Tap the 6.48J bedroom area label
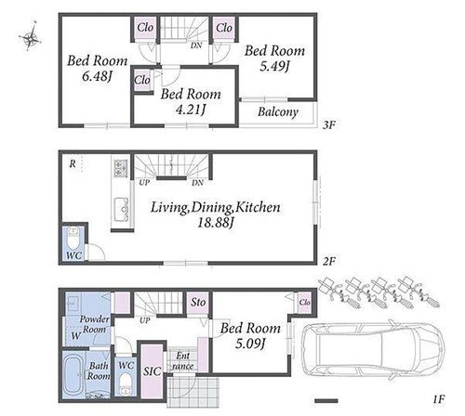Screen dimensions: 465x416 (97, 76)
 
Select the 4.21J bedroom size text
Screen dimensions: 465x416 (191, 110)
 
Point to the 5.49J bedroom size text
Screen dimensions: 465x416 (274, 66)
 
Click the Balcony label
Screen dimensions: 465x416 (278, 111)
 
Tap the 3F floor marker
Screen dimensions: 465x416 (329, 125)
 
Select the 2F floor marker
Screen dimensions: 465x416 (329, 262)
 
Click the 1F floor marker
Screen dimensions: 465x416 (438, 399)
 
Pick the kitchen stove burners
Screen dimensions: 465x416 (121, 168)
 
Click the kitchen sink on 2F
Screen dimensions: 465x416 (122, 209)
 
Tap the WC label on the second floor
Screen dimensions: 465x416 (74, 255)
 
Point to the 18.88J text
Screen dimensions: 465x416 (215, 222)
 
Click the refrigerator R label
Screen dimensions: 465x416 (73, 163)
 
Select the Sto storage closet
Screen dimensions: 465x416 (198, 302)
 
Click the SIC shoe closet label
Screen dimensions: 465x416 (152, 371)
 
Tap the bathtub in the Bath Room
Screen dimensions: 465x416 (73, 375)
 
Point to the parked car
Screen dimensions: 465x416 (373, 351)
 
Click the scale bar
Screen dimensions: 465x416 (326, 400)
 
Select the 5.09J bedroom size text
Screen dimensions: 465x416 (250, 344)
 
